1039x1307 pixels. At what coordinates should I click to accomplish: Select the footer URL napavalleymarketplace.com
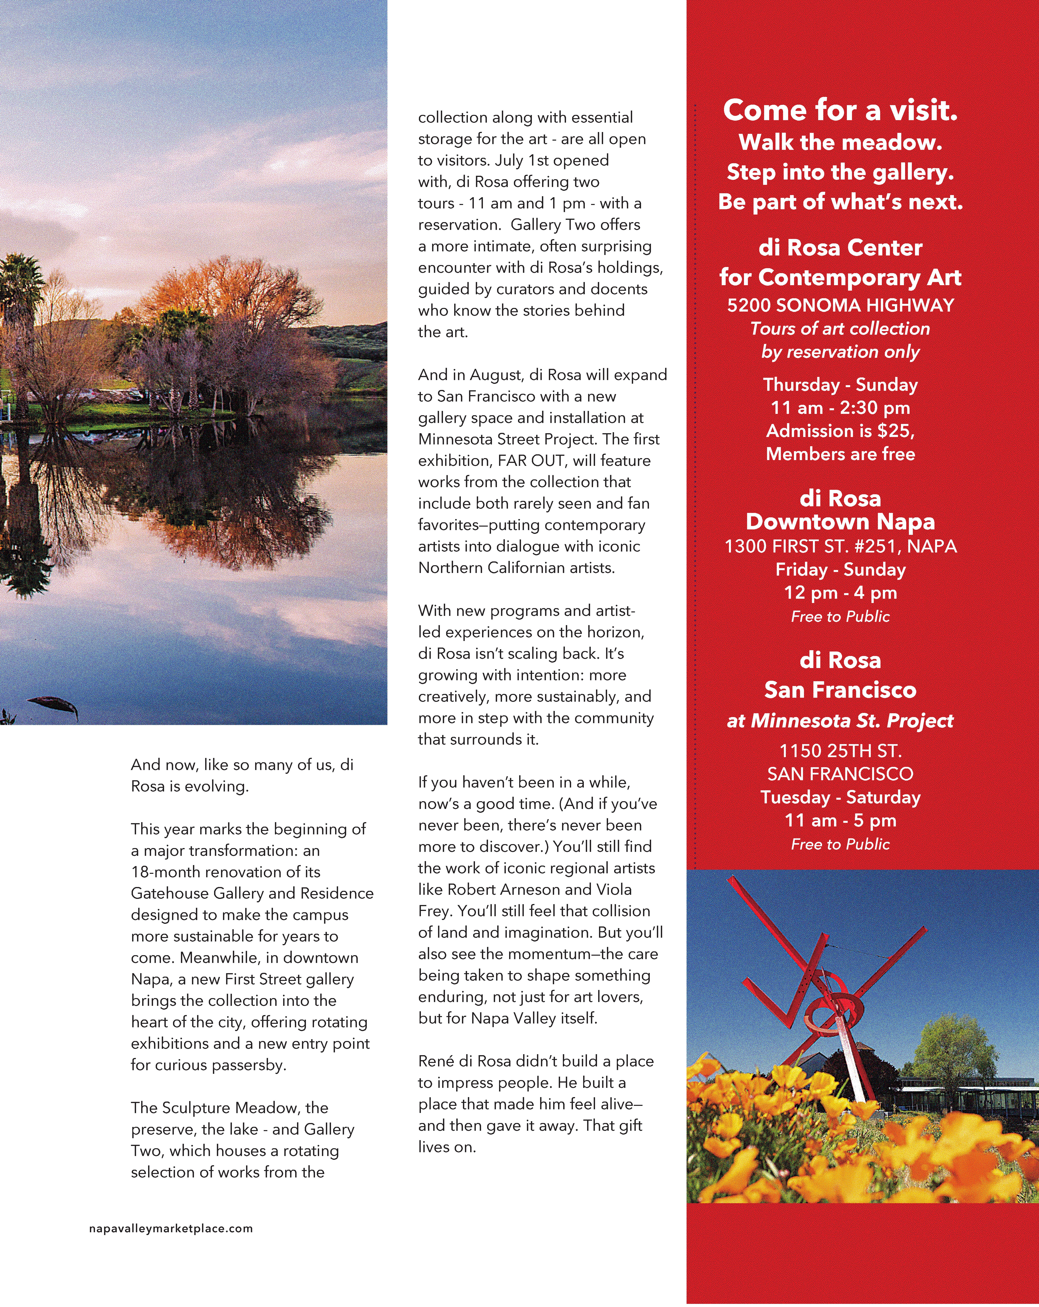pos(171,1229)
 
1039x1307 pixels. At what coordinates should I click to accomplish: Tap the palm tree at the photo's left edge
pos(21,285)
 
